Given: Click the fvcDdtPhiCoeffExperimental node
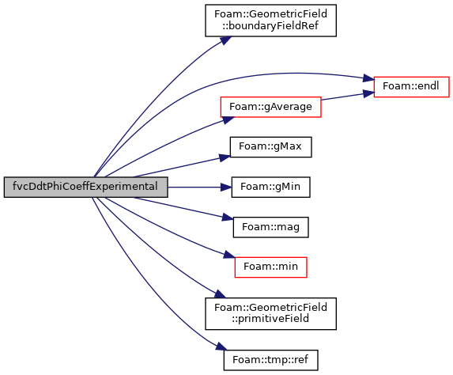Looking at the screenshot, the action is (86, 187).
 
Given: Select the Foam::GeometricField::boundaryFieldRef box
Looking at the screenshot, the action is (270, 21).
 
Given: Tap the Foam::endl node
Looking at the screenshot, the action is (411, 87).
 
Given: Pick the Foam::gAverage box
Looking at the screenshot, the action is (270, 107).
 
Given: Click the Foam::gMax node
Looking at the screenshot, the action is (270, 147).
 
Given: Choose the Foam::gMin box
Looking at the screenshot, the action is (270, 187).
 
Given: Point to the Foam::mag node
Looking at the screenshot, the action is (270, 227).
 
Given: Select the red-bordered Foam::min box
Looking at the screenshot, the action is (270, 267).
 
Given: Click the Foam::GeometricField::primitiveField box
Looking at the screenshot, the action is (270, 313).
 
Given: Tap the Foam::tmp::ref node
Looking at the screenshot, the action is (270, 360).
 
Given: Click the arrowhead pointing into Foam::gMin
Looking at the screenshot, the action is (226, 187).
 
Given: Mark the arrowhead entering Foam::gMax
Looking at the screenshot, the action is (225, 157).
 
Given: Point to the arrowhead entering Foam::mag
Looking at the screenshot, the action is (228, 218).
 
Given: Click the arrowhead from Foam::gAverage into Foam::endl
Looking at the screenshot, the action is (369, 93).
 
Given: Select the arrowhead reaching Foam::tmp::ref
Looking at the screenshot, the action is (221, 347).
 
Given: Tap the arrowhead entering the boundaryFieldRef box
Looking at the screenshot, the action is (226, 40).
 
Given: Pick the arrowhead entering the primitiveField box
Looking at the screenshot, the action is (220, 294).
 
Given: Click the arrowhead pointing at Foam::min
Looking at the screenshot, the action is (229, 255).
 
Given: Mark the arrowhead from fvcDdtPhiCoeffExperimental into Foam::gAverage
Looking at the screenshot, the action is (228, 119).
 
